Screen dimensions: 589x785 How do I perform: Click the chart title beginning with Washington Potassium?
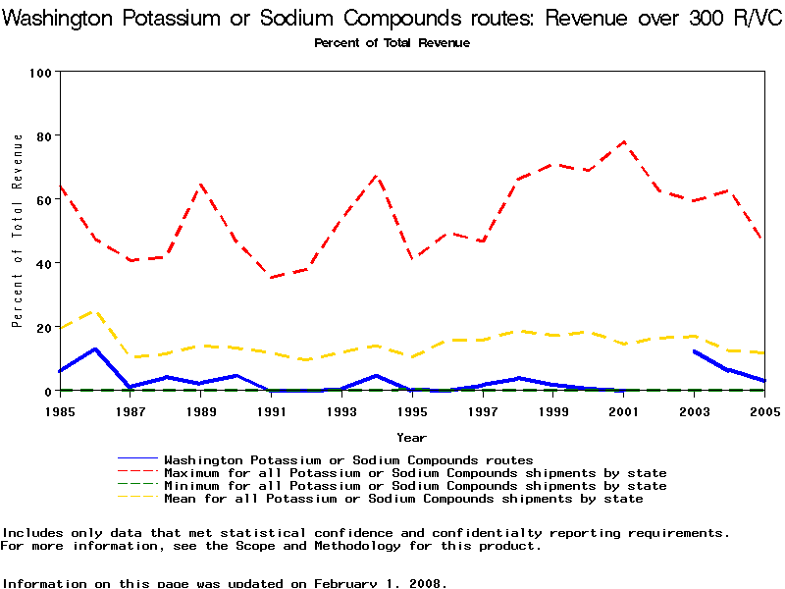tap(392, 20)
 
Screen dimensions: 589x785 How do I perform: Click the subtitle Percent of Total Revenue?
tap(392, 43)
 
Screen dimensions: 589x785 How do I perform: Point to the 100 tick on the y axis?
tap(40, 73)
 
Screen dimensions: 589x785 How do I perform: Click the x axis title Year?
tap(411, 437)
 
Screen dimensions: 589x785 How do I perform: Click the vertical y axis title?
tap(17, 230)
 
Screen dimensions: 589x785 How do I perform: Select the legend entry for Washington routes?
tap(348, 459)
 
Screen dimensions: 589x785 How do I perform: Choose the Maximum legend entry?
tap(415, 473)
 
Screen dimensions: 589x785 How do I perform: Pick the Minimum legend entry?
tap(415, 486)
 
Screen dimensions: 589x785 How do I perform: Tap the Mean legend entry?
tap(403, 499)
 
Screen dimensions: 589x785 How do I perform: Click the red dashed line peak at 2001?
tap(623, 141)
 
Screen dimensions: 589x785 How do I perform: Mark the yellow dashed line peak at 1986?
tap(95, 310)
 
